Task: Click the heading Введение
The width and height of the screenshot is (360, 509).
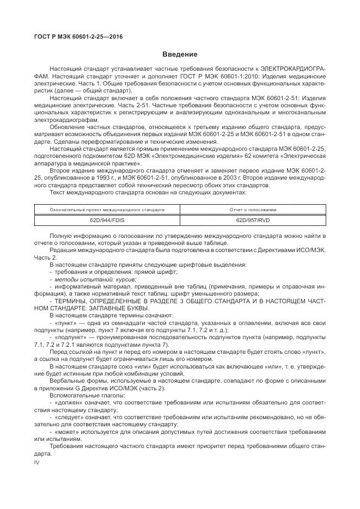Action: (180, 54)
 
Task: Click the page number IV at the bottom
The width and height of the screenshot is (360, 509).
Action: (37, 462)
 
